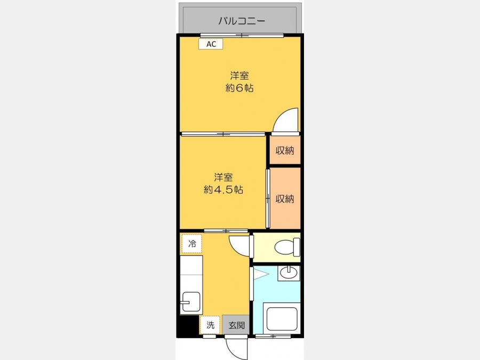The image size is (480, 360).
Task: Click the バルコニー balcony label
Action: (242, 21)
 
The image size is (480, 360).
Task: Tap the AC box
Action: (211, 44)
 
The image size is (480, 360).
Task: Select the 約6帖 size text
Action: (239, 88)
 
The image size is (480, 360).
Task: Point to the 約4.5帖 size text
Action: (223, 190)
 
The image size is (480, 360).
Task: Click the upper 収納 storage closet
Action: (285, 150)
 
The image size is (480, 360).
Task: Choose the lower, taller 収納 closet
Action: (285, 198)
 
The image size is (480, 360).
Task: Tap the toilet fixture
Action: (287, 247)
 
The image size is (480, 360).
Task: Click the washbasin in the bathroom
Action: (289, 273)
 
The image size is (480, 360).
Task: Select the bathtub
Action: (282, 318)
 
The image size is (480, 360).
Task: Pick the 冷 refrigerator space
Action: (191, 244)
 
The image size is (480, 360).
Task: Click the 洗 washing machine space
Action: (210, 325)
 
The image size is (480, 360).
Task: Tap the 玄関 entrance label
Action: (236, 325)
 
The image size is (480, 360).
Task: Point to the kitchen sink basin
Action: (191, 301)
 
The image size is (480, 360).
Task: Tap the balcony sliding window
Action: (242, 36)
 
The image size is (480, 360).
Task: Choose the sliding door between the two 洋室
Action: (223, 134)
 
